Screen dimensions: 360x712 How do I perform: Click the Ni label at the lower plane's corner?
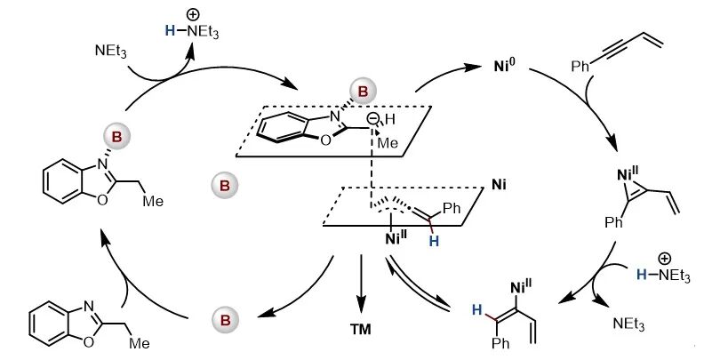499,188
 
